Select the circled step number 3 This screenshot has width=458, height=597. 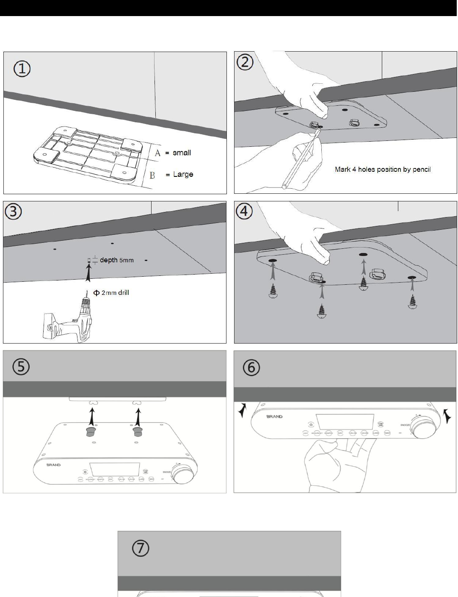[x=14, y=212]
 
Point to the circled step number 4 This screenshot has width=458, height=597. [x=245, y=212]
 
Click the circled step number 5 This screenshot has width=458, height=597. [x=21, y=367]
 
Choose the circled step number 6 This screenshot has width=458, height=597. [x=251, y=368]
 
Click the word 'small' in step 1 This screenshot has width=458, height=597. [x=182, y=153]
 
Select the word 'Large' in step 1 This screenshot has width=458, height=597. [x=183, y=174]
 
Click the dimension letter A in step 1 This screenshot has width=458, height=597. [x=157, y=153]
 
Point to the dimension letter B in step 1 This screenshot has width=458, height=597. [x=152, y=175]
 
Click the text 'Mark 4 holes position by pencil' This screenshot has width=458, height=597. [x=383, y=169]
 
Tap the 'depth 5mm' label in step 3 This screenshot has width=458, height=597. [x=116, y=260]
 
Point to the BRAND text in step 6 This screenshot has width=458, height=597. [x=274, y=417]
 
